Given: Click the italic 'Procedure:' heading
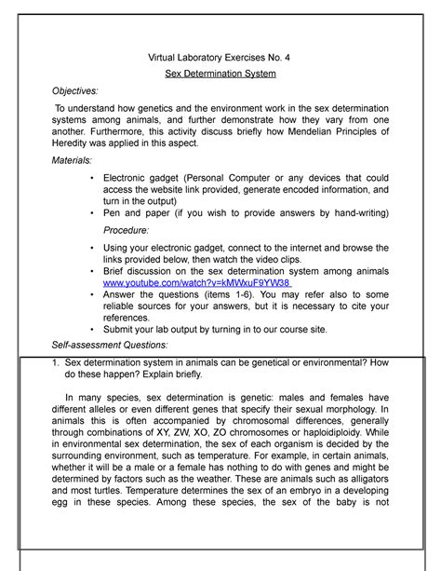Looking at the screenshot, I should (132, 229).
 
